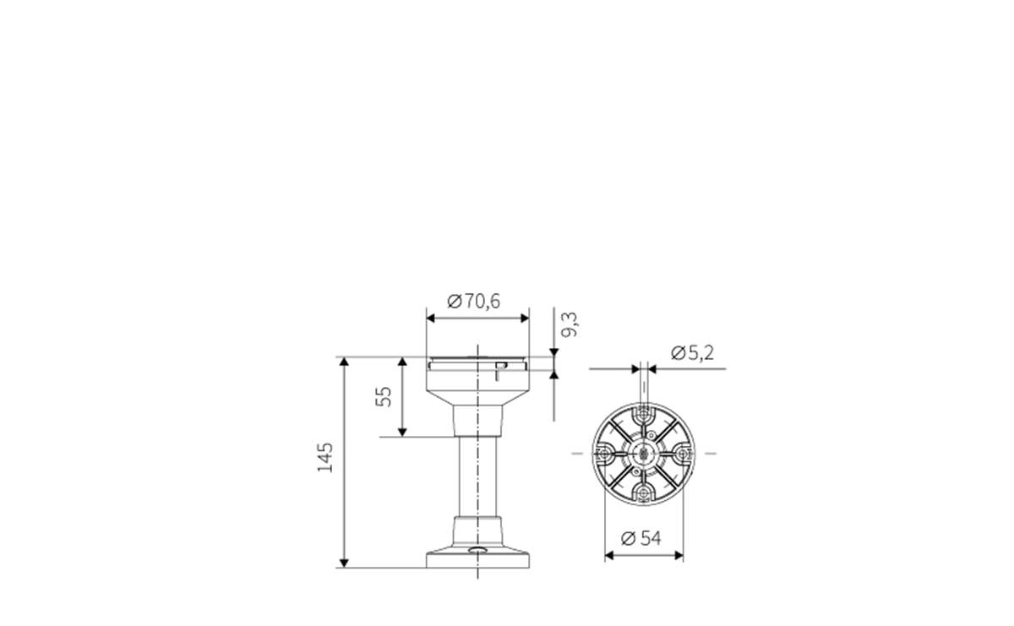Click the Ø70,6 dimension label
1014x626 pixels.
[474, 301]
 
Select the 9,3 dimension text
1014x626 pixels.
[571, 324]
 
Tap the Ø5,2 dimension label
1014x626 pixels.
[692, 353]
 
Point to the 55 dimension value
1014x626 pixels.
[383, 396]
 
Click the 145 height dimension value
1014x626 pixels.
[325, 457]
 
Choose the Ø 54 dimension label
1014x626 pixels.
[641, 538]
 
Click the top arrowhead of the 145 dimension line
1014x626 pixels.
[344, 362]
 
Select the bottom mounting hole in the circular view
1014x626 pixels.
[645, 493]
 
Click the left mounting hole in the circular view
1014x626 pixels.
[606, 454]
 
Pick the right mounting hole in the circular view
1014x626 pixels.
[684, 454]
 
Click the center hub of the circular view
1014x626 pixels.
[645, 454]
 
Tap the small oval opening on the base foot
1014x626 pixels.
[478, 552]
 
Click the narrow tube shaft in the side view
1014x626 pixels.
[478, 477]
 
